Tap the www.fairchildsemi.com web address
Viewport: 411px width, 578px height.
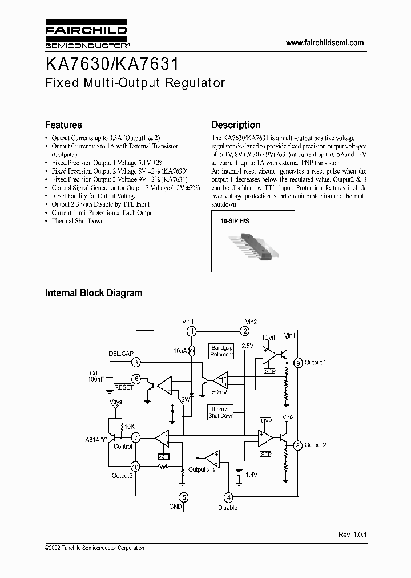324,43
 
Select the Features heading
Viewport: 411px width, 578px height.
63,125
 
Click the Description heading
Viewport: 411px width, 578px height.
236,125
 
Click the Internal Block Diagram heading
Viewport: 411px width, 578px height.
94,293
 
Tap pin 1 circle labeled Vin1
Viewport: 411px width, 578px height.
193,331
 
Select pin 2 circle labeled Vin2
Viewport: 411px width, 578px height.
245,331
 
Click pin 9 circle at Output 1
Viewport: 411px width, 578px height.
298,363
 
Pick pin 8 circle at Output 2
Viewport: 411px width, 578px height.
298,445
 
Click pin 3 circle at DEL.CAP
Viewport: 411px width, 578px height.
136,362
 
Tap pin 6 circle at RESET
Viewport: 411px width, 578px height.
136,379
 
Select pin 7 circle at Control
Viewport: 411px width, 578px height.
136,437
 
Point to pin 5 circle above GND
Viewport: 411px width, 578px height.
183,497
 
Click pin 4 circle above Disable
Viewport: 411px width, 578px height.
228,497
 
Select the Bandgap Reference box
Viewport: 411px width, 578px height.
222,351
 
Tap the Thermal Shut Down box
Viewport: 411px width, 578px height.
220,412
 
